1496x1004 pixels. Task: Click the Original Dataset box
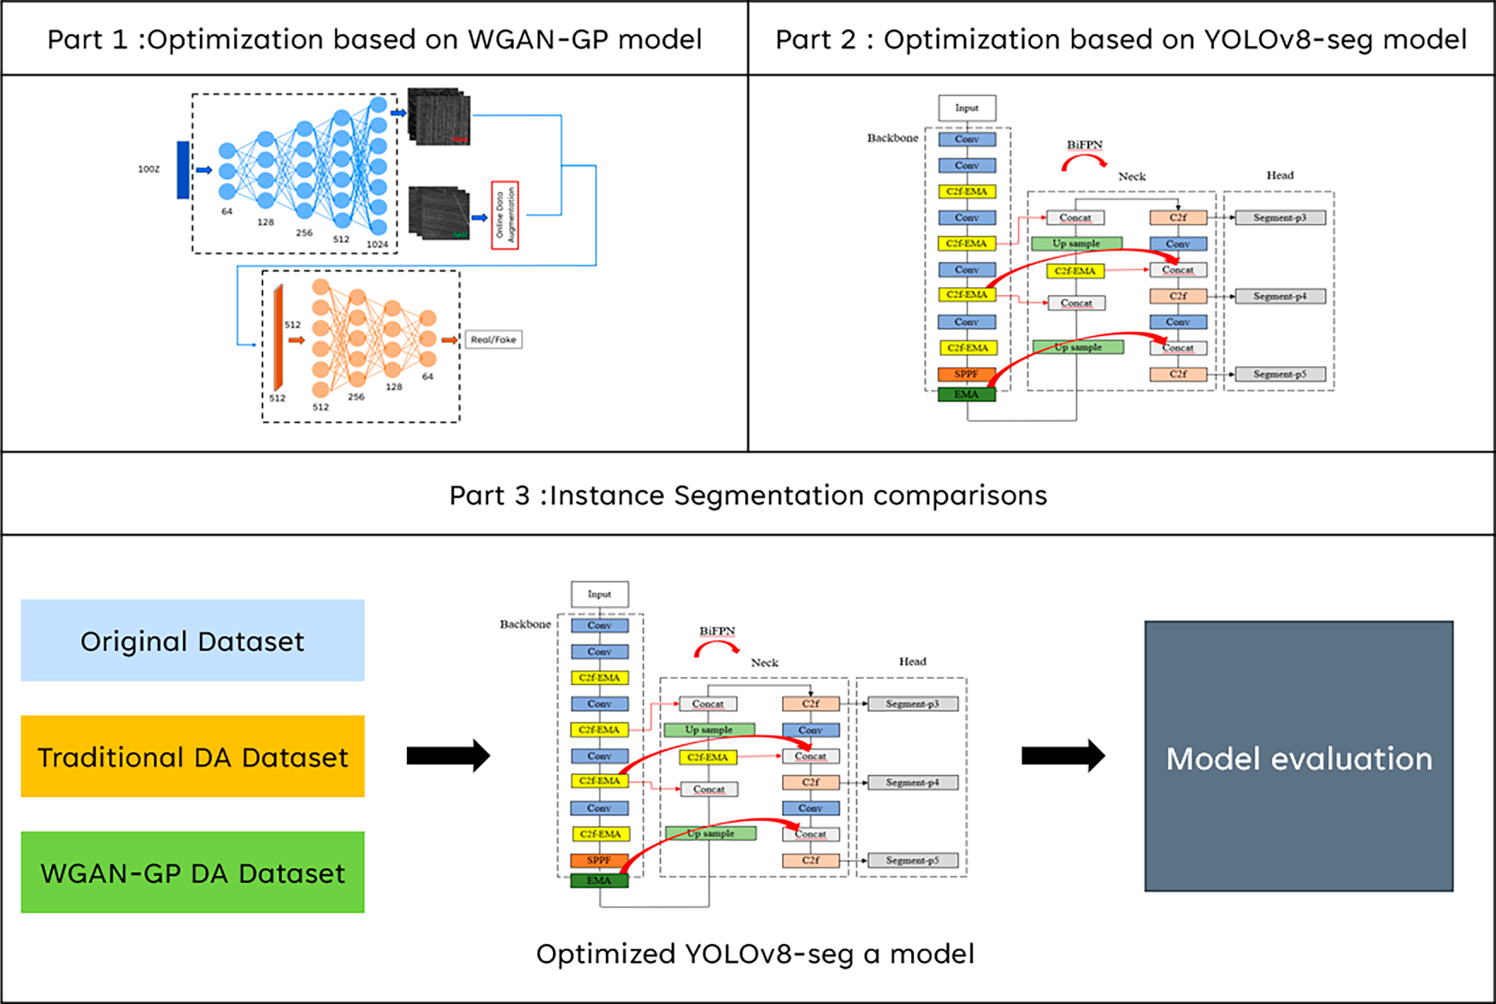click(x=192, y=641)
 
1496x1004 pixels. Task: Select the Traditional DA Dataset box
click(x=192, y=757)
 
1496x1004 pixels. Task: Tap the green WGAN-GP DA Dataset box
click(x=192, y=872)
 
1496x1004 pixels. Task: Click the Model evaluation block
click(x=1299, y=757)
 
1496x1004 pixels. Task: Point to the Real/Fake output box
click(x=493, y=340)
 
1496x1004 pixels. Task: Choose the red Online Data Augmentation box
click(x=505, y=216)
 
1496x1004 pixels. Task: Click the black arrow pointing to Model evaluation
click(x=1063, y=755)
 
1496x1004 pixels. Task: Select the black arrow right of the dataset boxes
click(x=448, y=755)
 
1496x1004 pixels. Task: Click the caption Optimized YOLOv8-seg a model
click(x=755, y=954)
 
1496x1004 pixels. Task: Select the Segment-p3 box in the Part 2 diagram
click(x=1280, y=218)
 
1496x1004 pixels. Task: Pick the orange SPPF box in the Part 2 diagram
click(x=966, y=375)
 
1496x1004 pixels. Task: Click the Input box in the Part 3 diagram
click(x=599, y=594)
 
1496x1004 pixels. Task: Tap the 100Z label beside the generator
click(x=149, y=169)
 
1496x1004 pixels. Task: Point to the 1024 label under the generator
click(x=377, y=245)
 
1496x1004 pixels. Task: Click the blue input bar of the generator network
click(x=183, y=170)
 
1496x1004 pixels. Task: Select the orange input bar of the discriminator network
click(x=278, y=339)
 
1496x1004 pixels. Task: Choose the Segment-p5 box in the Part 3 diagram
click(x=912, y=860)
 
